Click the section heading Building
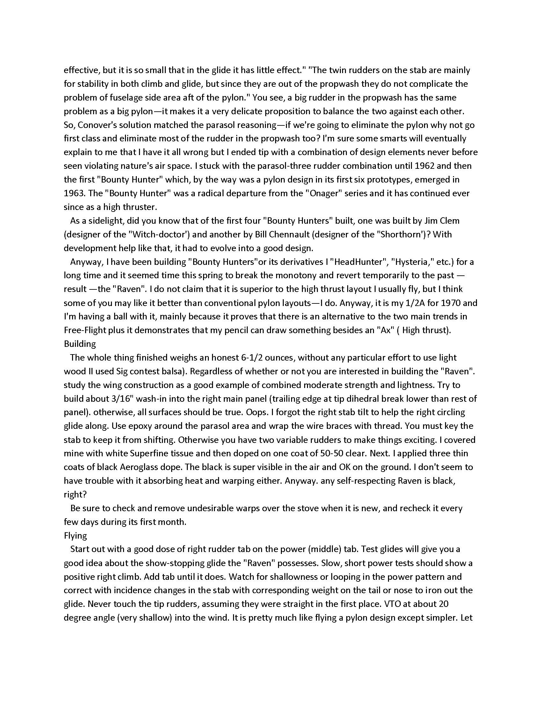pyautogui.click(x=80, y=344)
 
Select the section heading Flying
pyautogui.click(x=76, y=536)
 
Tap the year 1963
pyautogui.click(x=74, y=193)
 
